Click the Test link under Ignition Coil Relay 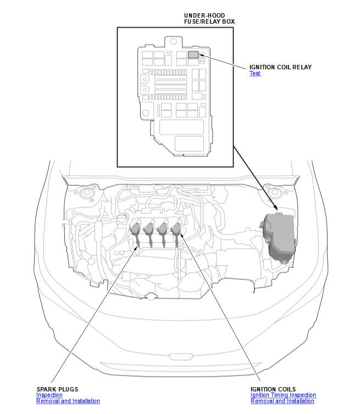pos(255,74)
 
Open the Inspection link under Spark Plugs pos(49,395)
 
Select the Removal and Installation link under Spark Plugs pos(68,401)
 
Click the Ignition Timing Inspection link pos(283,395)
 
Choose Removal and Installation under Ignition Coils pos(283,401)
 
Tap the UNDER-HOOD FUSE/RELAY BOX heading pos(209,19)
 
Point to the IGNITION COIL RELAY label pos(280,67)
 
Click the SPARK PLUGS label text pos(57,389)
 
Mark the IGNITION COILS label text pos(273,389)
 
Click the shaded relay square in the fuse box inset pos(193,54)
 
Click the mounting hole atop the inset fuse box pos(173,41)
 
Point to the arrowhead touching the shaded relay pos(202,55)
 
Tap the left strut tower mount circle pos(86,192)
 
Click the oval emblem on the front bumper pos(181,356)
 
